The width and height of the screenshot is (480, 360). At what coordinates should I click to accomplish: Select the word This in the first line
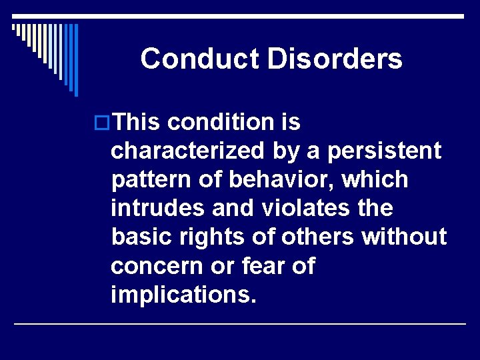point(137,123)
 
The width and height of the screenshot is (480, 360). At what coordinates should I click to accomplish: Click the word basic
point(135,237)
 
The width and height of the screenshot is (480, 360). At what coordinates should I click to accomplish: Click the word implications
point(183,295)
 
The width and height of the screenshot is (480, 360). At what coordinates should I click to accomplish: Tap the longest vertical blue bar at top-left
point(75,59)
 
